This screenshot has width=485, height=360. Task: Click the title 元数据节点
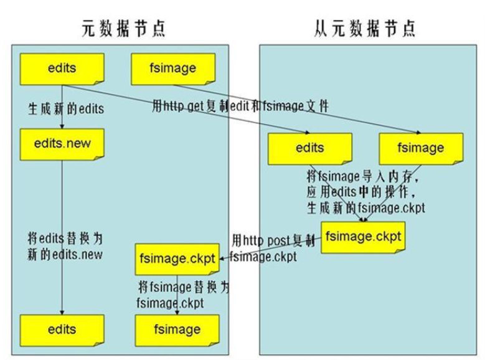pyautogui.click(x=124, y=27)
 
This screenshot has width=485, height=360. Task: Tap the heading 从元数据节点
pyautogui.click(x=364, y=27)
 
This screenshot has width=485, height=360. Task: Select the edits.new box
pyautogui.click(x=62, y=143)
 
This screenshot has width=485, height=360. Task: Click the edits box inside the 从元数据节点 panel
pyautogui.click(x=309, y=148)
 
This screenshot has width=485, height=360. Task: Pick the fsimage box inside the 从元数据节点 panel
pyautogui.click(x=421, y=148)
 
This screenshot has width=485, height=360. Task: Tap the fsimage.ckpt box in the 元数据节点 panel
pyautogui.click(x=177, y=258)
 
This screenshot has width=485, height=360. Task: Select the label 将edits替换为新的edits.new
pyautogui.click(x=65, y=245)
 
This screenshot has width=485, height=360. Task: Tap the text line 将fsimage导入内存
pyautogui.click(x=361, y=176)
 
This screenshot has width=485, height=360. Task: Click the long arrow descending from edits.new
pyautogui.click(x=62, y=237)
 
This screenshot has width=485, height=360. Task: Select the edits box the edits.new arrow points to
pyautogui.click(x=62, y=329)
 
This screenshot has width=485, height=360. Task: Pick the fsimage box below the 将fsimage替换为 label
pyautogui.click(x=177, y=329)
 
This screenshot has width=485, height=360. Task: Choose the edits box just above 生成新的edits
pyautogui.click(x=62, y=69)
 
